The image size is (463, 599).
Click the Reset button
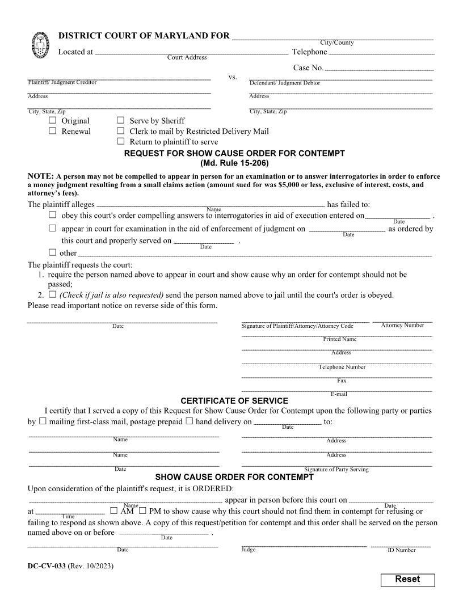[x=407, y=580]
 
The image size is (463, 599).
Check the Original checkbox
[x=53, y=120]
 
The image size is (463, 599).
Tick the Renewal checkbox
[x=53, y=131]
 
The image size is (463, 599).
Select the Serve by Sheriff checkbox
[x=120, y=120]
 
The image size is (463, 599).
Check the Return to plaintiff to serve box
[x=120, y=141]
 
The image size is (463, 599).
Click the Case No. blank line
[x=379, y=69]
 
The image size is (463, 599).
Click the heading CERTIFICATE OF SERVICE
[x=234, y=400]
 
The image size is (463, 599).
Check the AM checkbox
[x=114, y=511]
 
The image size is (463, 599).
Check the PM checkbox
[x=142, y=511]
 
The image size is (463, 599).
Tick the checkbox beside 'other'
[x=53, y=252]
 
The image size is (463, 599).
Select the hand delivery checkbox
[x=190, y=421]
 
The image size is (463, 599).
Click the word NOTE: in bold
[x=40, y=176]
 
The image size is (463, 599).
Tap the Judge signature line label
[x=249, y=549]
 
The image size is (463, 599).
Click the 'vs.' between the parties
[x=233, y=77]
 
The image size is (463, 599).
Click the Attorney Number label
[x=402, y=325]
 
